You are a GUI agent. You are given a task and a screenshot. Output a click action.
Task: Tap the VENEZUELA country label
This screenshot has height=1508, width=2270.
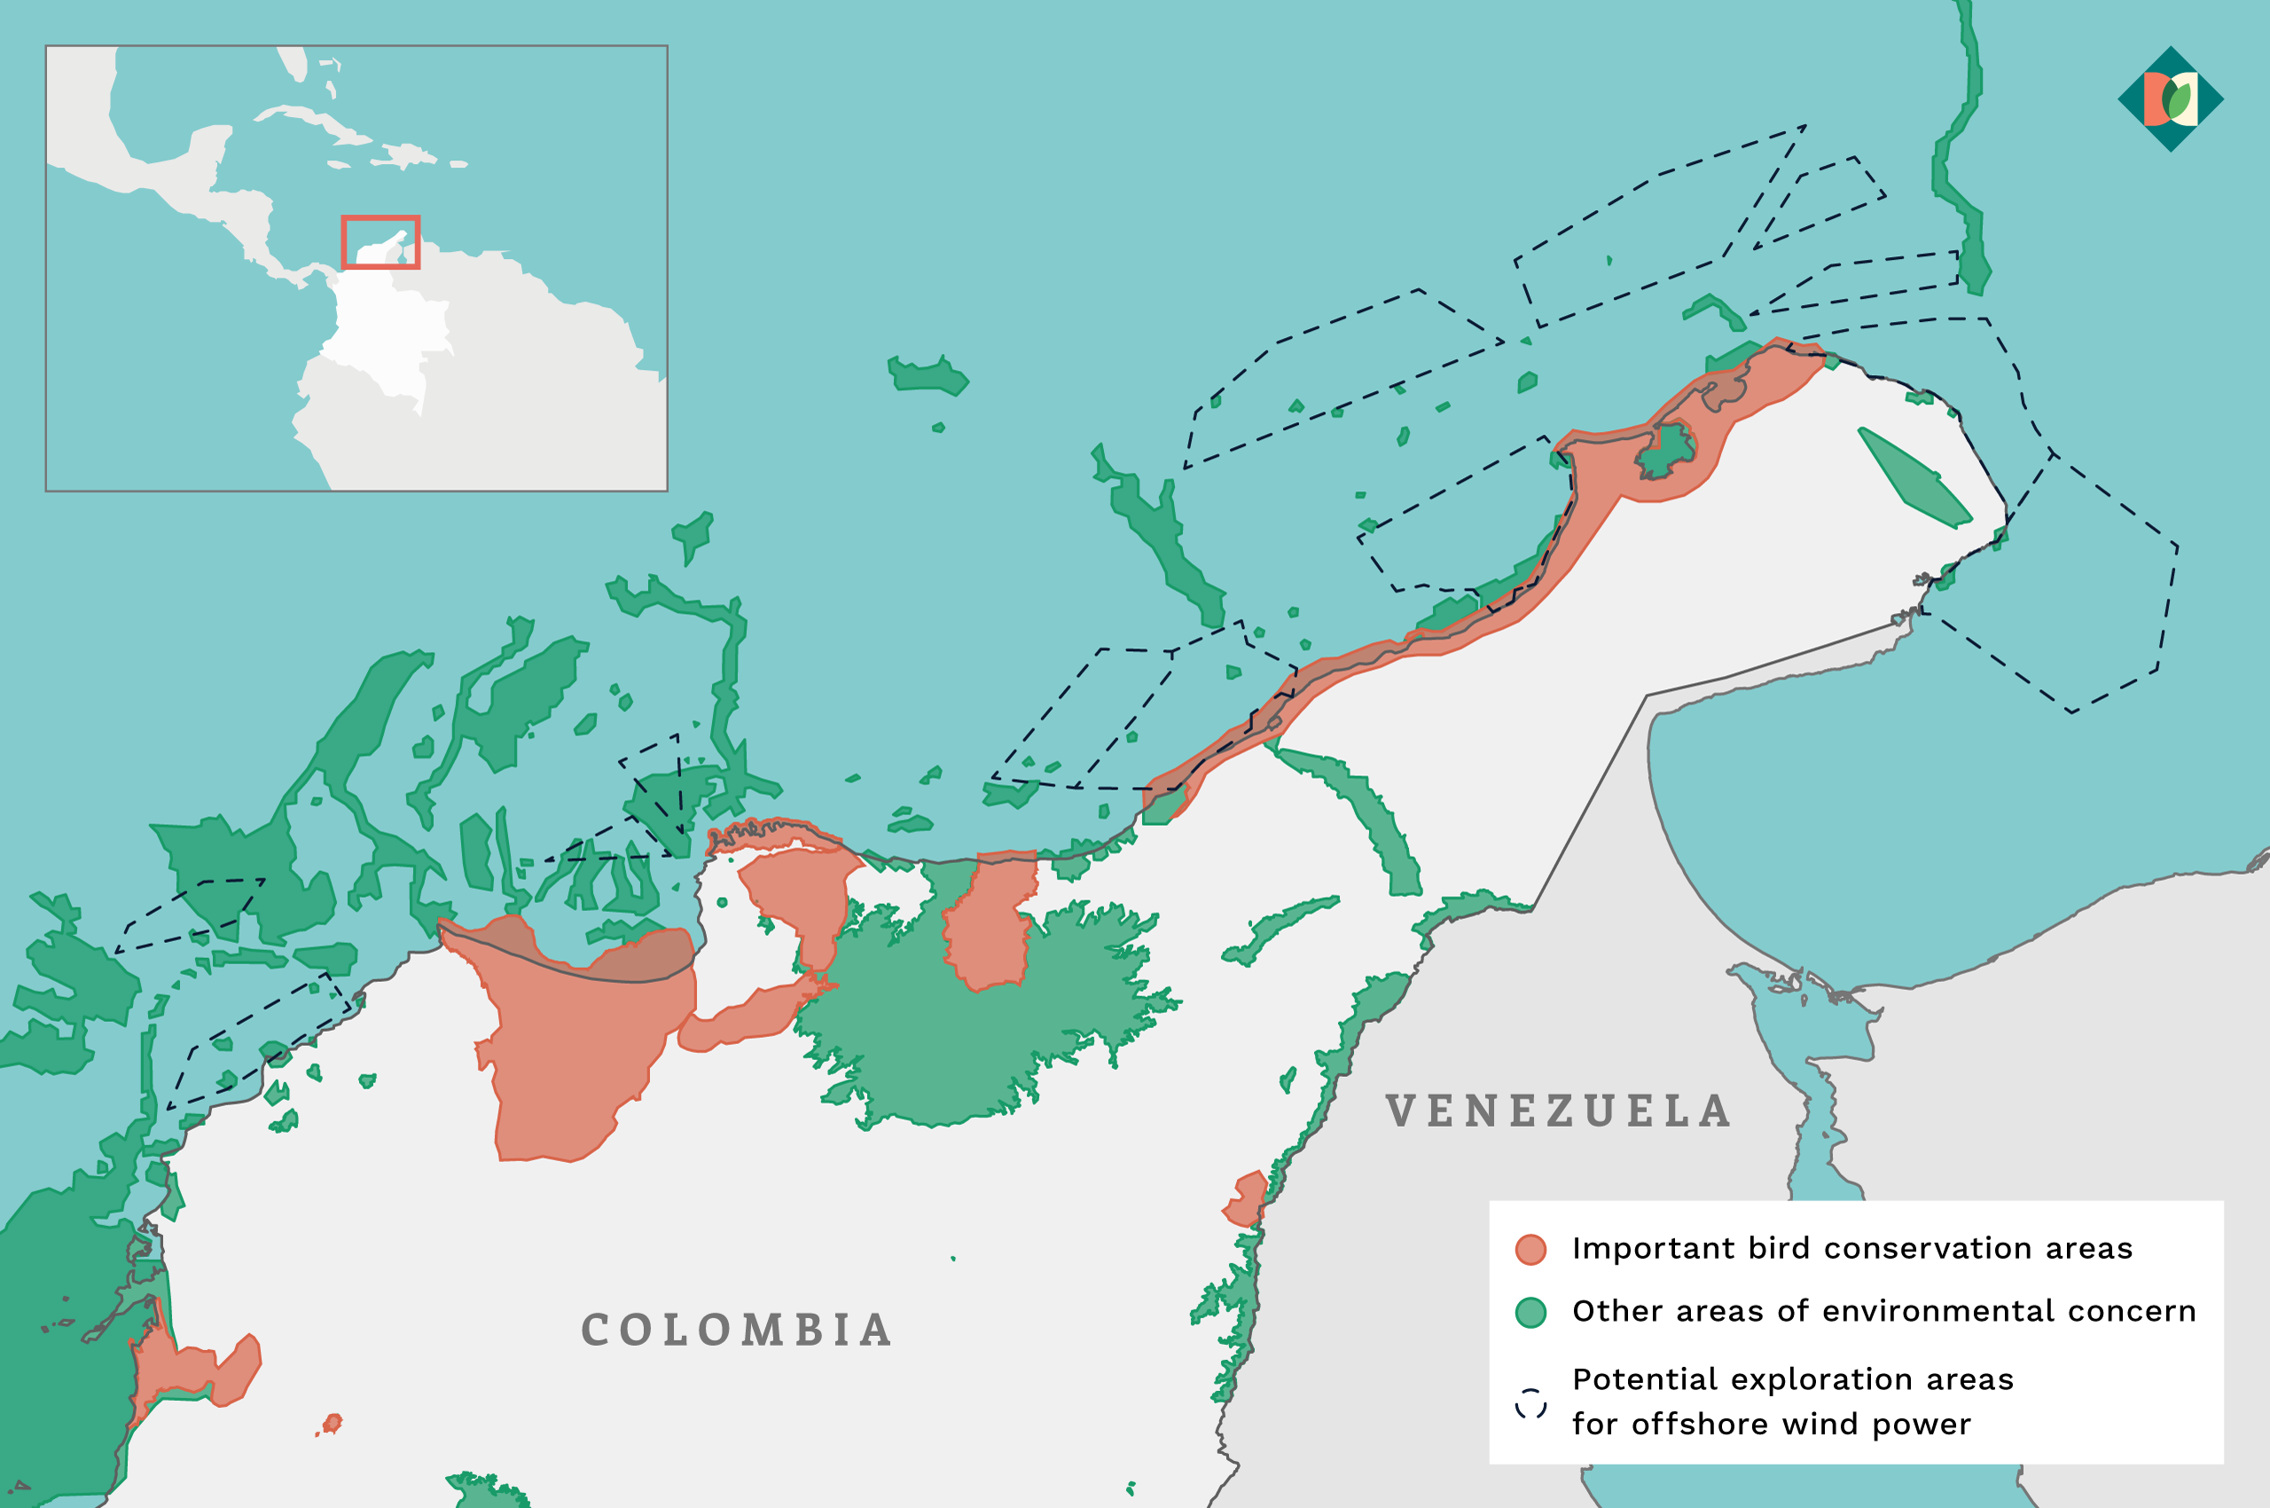1558,1111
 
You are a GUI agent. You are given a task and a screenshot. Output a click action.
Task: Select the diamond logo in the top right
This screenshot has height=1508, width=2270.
2170,99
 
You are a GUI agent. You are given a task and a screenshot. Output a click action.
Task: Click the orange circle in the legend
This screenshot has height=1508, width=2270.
1530,1249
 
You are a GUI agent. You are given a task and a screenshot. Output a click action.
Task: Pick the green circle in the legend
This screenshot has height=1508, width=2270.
1530,1313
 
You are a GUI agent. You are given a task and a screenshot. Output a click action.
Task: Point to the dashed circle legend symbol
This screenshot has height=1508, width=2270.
1530,1403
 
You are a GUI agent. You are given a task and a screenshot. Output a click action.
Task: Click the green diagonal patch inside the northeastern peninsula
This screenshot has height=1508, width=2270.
1914,479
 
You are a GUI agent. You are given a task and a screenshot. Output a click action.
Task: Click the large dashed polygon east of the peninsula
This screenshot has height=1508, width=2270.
2067,586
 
